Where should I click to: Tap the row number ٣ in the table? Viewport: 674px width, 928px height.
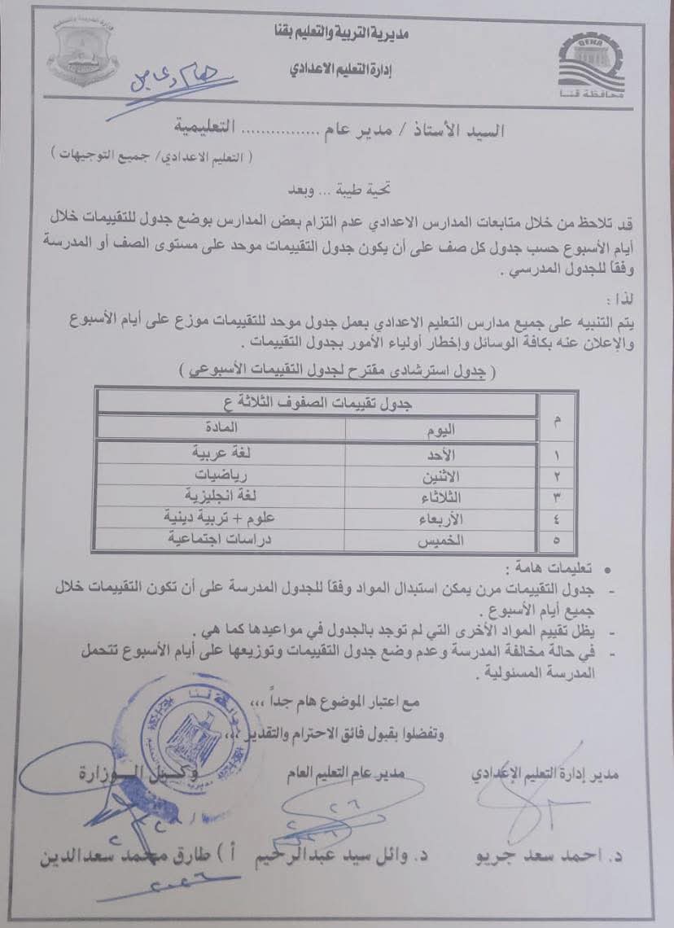(557, 496)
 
